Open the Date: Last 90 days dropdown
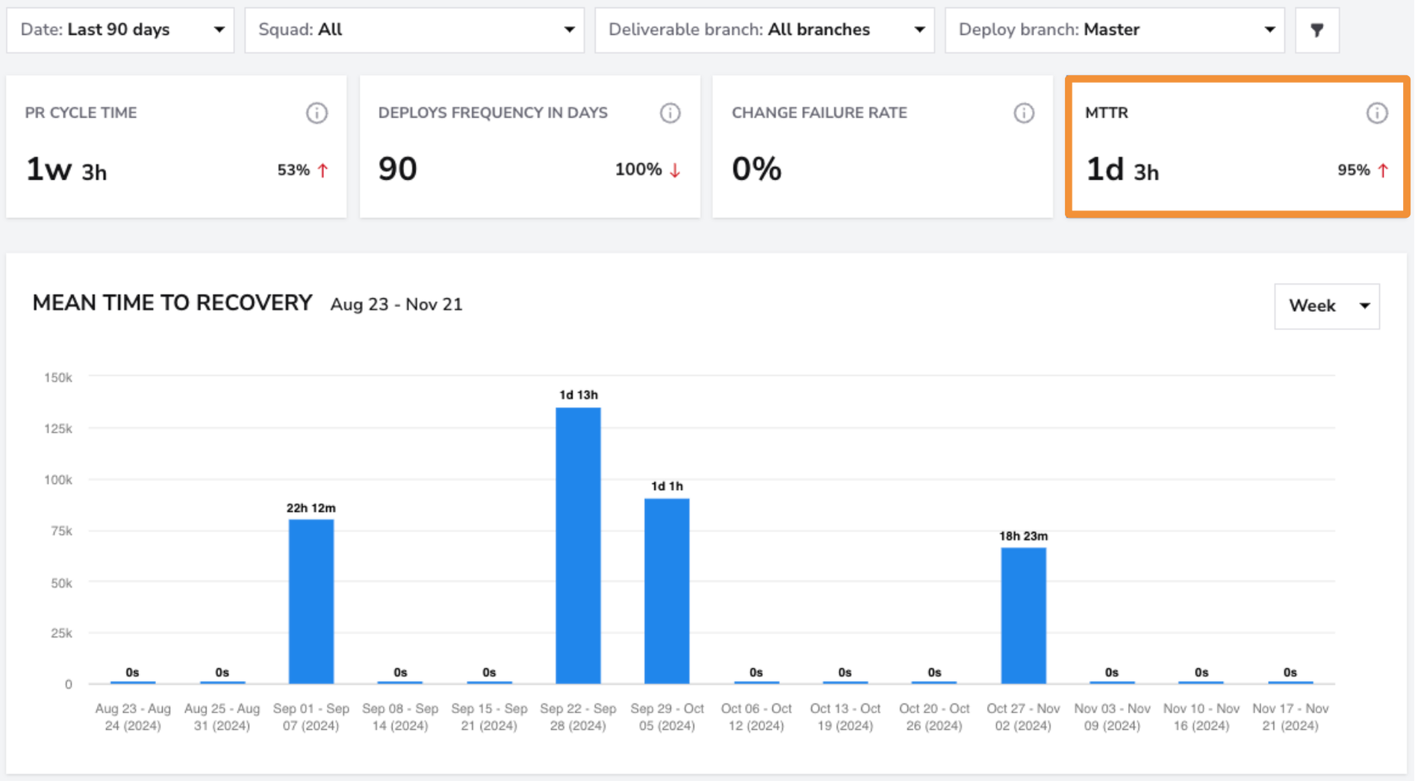pos(120,30)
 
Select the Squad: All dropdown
pos(414,30)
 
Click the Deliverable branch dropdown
pos(765,30)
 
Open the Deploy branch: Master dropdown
pos(1115,30)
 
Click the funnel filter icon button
pos(1317,30)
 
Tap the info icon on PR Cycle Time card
pos(317,113)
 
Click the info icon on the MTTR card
pos(1377,113)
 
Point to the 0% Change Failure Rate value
pos(756,169)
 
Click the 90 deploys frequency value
pos(397,169)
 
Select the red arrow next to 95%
pos(1383,170)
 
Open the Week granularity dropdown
pos(1327,306)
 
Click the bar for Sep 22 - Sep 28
pos(578,546)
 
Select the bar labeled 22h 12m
pos(311,602)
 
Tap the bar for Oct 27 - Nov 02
pos(1024,616)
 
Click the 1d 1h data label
pos(667,486)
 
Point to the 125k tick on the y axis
pos(58,429)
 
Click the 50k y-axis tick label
pos(61,582)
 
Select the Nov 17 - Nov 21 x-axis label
pos(1290,717)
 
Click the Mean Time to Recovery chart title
pos(172,303)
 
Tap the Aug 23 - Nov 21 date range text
pos(396,305)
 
